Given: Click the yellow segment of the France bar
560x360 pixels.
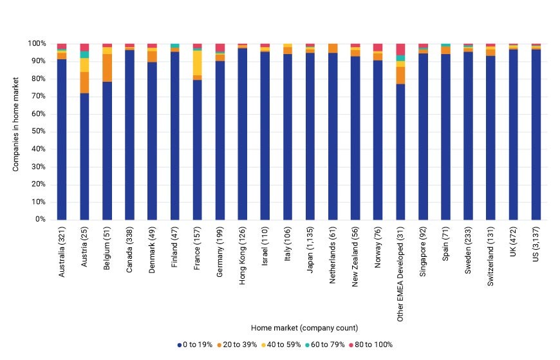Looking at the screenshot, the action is pyautogui.click(x=198, y=63).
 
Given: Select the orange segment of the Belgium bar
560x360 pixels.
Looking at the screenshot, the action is pyautogui.click(x=107, y=68).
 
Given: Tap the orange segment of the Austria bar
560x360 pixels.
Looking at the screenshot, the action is pyautogui.click(x=84, y=82).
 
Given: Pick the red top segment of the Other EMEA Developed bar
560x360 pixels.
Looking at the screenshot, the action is pyautogui.click(x=401, y=50).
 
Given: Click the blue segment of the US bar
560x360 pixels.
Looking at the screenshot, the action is pyautogui.click(x=536, y=135).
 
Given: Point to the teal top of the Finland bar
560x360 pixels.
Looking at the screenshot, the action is pyautogui.click(x=175, y=46).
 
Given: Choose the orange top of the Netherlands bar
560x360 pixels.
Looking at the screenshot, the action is pyautogui.click(x=333, y=48).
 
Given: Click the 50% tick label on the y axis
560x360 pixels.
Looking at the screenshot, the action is pyautogui.click(x=39, y=131).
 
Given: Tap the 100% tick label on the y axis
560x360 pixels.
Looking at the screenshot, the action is pyautogui.click(x=37, y=44).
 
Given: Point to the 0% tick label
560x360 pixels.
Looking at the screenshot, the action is pyautogui.click(x=41, y=219).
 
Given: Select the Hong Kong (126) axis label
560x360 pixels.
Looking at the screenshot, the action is pyautogui.click(x=243, y=256).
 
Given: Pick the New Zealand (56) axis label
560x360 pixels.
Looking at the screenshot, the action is pyautogui.click(x=355, y=257).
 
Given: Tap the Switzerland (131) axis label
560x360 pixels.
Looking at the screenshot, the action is pyautogui.click(x=490, y=256).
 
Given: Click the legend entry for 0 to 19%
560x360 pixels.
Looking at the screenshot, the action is pyautogui.click(x=195, y=345).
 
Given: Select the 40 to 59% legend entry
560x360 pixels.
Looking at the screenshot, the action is pyautogui.click(x=281, y=345).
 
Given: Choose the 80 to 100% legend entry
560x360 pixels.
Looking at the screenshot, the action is pyautogui.click(x=371, y=345).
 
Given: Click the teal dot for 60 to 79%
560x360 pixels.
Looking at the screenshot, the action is pyautogui.click(x=308, y=345).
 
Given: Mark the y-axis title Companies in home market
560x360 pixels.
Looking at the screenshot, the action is pyautogui.click(x=15, y=124).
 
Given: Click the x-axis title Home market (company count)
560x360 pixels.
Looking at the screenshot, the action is pyautogui.click(x=304, y=328).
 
